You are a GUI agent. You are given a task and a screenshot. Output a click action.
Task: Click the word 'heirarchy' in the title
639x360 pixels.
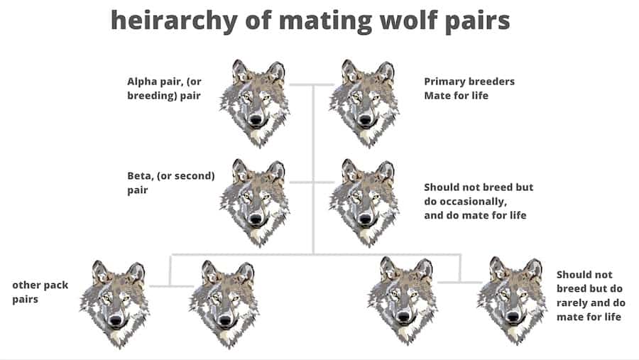click(174, 21)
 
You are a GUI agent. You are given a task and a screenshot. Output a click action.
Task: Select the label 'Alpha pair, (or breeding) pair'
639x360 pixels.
click(165, 89)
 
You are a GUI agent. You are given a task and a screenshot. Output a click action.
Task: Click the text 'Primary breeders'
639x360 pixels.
click(469, 82)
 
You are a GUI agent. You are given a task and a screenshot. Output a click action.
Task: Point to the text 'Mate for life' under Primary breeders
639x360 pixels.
click(456, 95)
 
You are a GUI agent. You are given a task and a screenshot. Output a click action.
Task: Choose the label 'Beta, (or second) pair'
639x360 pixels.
click(171, 182)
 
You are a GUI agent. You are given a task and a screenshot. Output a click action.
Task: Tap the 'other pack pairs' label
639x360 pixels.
click(40, 292)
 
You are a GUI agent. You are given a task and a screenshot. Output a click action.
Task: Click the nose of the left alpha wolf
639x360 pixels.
click(256, 120)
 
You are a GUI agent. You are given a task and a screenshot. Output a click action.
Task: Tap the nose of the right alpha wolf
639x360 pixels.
click(365, 120)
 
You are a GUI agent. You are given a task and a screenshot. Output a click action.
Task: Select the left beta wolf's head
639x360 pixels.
click(255, 202)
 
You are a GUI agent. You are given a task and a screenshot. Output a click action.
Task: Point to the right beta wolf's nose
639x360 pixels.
click(365, 219)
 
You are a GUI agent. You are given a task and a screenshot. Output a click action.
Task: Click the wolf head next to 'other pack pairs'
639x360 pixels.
click(114, 304)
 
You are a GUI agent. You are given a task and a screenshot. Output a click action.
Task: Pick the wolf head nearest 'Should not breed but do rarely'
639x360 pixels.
click(512, 301)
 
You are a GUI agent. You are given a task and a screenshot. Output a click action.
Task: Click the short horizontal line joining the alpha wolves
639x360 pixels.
click(312, 84)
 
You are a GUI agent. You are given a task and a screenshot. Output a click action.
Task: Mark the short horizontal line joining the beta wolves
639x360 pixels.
click(312, 182)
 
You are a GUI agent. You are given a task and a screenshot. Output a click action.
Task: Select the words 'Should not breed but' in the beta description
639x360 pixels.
click(479, 187)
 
